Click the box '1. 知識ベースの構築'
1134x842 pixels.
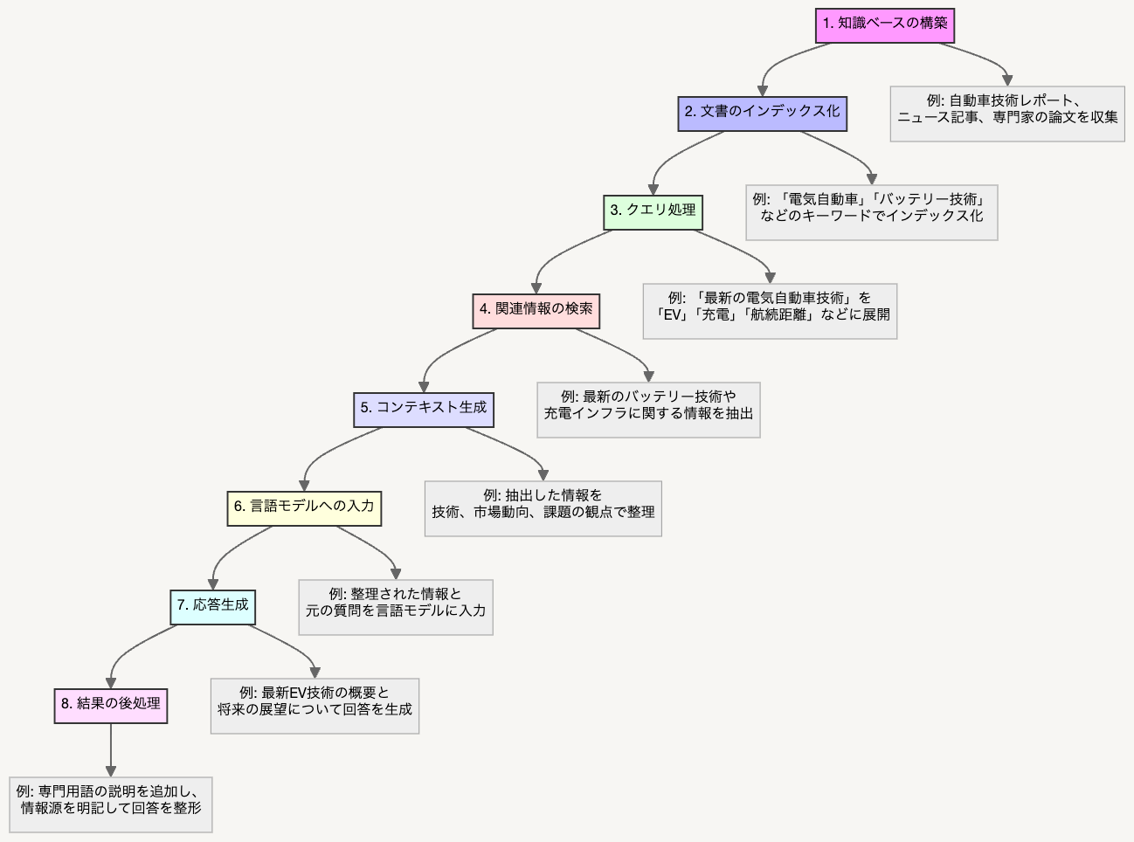[884, 25]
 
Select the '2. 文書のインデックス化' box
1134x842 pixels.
[763, 114]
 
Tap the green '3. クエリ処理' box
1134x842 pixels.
[653, 212]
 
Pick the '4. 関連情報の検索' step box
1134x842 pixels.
[536, 311]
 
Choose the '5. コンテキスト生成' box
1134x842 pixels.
[424, 410]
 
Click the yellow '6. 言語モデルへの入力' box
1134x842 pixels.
[304, 508]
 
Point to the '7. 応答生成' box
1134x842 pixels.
[212, 607]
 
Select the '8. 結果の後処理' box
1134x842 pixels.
[111, 706]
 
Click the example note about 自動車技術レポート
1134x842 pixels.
[1007, 114]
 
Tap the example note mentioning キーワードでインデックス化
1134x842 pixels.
[872, 212]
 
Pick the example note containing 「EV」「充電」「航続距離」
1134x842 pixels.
[770, 311]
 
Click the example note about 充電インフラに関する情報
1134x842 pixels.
[648, 410]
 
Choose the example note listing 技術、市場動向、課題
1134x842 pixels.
[543, 508]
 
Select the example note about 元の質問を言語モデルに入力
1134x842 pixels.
[396, 607]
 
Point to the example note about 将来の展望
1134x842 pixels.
[315, 706]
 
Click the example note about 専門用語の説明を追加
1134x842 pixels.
[111, 804]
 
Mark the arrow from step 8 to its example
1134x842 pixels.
[111, 750]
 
